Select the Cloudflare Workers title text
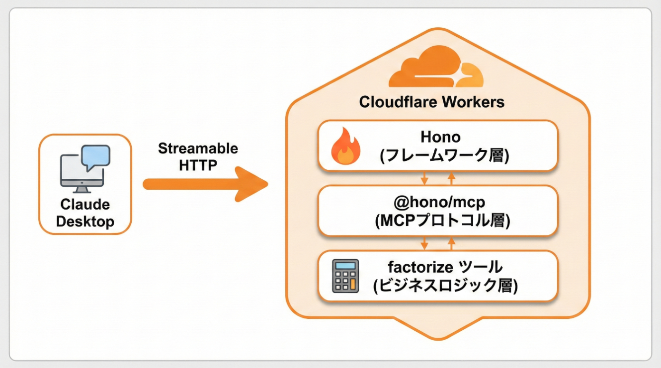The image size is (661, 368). pyautogui.click(x=431, y=102)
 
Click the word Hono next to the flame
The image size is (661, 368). pyautogui.click(x=440, y=137)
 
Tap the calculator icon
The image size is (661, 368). pyautogui.click(x=345, y=276)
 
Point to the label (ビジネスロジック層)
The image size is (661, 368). pyautogui.click(x=445, y=286)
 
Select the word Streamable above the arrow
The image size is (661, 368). pyautogui.click(x=198, y=148)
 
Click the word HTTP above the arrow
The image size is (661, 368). pyautogui.click(x=198, y=165)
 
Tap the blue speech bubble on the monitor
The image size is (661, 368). pyautogui.click(x=96, y=156)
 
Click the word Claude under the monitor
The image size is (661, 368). pyautogui.click(x=85, y=205)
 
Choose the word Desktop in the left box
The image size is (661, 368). pyautogui.click(x=85, y=221)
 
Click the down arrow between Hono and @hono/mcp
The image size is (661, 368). pyautogui.click(x=424, y=178)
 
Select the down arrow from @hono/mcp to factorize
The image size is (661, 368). pyautogui.click(x=424, y=243)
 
